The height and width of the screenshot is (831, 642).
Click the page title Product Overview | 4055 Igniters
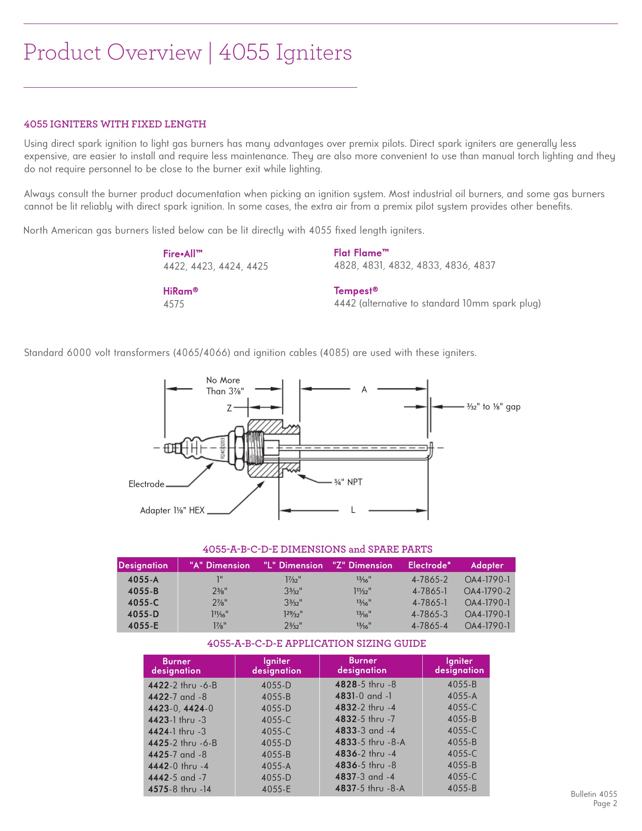[x=187, y=52]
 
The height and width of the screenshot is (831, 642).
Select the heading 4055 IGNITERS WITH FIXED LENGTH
[x=115, y=124]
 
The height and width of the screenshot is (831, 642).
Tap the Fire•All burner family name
[x=183, y=253]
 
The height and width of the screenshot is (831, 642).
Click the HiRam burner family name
[x=180, y=291]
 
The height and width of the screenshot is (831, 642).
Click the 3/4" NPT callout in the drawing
[x=348, y=482]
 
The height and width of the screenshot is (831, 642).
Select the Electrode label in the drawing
[x=146, y=484]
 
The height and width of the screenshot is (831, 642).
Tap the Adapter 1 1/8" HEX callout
[x=172, y=510]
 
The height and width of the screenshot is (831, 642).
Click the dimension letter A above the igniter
[x=364, y=390]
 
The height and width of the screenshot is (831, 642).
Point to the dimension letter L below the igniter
[x=353, y=510]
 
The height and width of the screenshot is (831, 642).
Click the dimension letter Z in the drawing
[x=229, y=408]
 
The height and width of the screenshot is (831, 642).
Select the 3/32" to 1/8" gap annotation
[x=493, y=407]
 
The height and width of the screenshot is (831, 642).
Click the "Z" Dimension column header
[x=362, y=565]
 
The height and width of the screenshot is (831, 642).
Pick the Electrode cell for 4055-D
[x=429, y=614]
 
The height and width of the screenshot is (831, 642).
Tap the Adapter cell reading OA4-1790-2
[x=487, y=591]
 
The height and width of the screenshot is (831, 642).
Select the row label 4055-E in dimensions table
[x=143, y=626]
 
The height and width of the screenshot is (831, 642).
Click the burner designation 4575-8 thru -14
[x=180, y=789]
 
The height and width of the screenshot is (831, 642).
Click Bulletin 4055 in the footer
[x=594, y=794]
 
